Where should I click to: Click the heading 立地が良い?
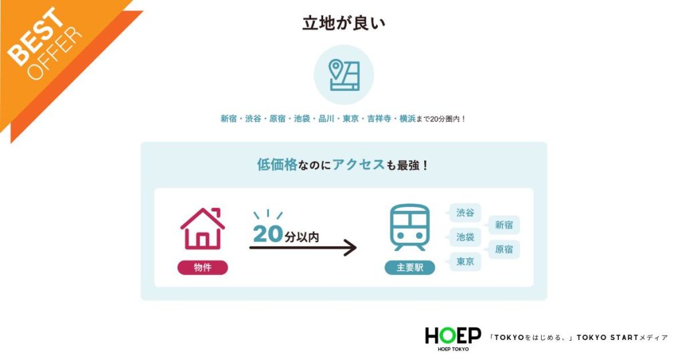point(343,23)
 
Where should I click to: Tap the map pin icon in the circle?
point(344,75)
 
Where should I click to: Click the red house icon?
point(203,229)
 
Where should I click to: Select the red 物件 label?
point(203,268)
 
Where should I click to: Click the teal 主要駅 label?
point(409,268)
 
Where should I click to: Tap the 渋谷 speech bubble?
point(466,213)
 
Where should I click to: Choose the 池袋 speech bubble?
point(466,237)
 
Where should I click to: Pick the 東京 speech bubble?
point(466,261)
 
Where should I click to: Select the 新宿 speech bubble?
point(504,226)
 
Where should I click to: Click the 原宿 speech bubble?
point(504,250)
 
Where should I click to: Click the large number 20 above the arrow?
point(268,235)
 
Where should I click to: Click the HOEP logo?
point(452,336)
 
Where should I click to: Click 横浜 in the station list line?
point(407,119)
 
